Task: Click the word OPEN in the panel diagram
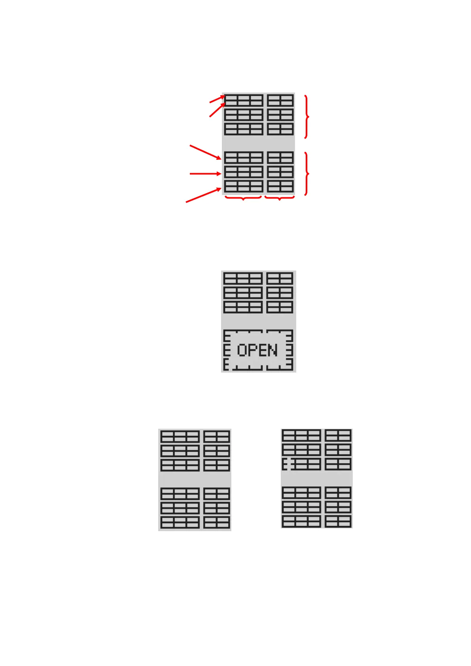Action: [x=257, y=350]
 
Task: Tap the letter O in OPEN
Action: [x=242, y=350]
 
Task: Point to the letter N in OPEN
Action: [x=272, y=350]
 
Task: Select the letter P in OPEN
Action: [x=252, y=350]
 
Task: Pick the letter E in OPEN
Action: [x=262, y=350]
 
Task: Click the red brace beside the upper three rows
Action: [x=306, y=117]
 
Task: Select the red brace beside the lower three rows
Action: [x=306, y=174]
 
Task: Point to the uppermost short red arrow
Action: [x=217, y=99]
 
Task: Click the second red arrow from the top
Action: [x=217, y=110]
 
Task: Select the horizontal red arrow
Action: [x=205, y=174]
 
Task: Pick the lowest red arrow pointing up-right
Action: [x=203, y=195]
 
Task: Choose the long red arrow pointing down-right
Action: [x=205, y=152]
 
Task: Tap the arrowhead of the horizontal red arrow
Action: [x=219, y=174]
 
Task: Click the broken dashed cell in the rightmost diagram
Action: [x=288, y=464]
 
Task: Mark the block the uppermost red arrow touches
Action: [x=244, y=100]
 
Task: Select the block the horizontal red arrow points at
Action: [x=244, y=172]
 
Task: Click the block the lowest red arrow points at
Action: [x=244, y=186]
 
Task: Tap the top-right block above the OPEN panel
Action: [x=280, y=278]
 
